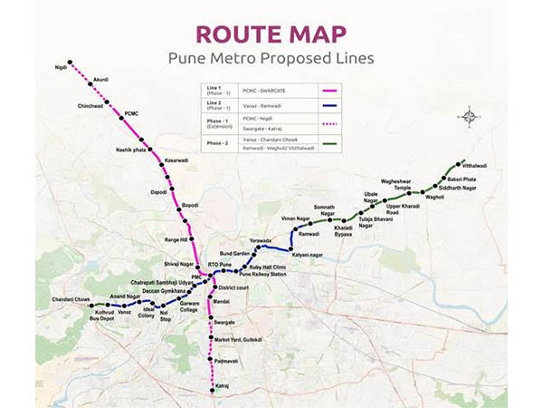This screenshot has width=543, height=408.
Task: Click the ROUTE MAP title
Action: point(271,34)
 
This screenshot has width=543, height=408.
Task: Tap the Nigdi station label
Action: point(61,67)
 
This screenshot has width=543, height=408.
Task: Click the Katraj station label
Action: point(223,388)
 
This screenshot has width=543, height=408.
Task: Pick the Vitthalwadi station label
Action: point(474,166)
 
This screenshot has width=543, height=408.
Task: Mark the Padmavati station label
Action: point(227,361)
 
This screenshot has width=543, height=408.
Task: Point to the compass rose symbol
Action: point(469,116)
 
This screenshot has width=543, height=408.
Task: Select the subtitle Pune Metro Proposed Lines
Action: point(271,58)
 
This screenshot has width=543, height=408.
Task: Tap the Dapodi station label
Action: point(158,192)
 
